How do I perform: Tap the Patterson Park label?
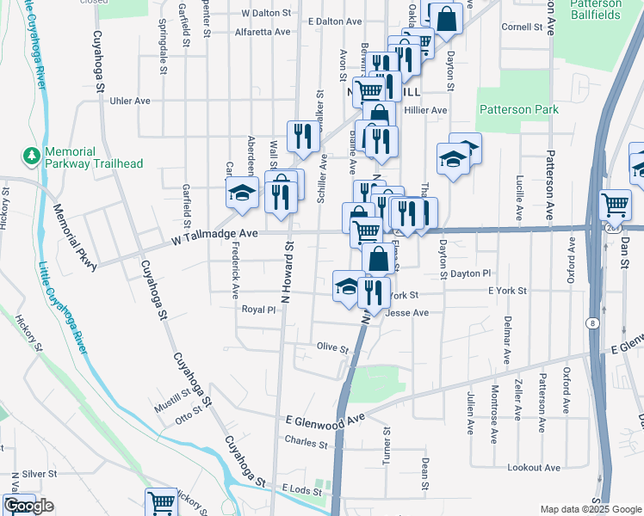click(519, 109)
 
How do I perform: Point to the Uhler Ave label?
click(130, 101)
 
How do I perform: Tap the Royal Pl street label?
click(258, 310)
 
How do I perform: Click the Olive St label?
click(332, 349)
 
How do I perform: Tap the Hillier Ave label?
click(427, 110)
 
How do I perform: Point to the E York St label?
click(507, 292)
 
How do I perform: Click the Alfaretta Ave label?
click(263, 32)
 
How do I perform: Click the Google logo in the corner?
click(28, 507)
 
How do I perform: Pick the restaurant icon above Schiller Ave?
click(302, 134)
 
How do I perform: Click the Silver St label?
click(39, 474)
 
